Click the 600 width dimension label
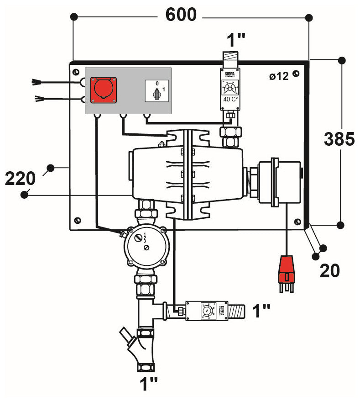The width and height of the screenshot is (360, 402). coord(181,15)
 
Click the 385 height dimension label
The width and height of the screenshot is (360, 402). coord(339,139)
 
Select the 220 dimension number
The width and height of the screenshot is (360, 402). coord(20,179)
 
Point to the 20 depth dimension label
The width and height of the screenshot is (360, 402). coord(329,271)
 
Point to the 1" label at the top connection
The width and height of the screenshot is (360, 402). coord(236,41)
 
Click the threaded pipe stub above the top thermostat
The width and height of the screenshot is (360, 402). coord(231,60)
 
